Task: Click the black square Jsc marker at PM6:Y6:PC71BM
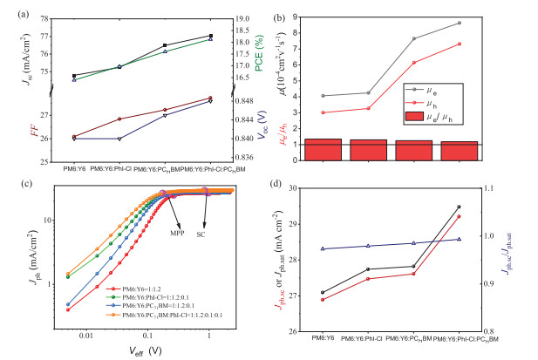point(165,45)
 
